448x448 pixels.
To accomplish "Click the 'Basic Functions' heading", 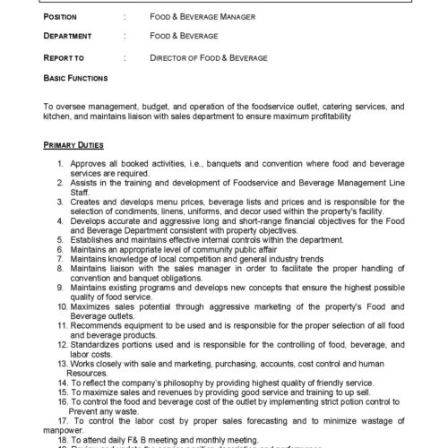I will tap(76, 78).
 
